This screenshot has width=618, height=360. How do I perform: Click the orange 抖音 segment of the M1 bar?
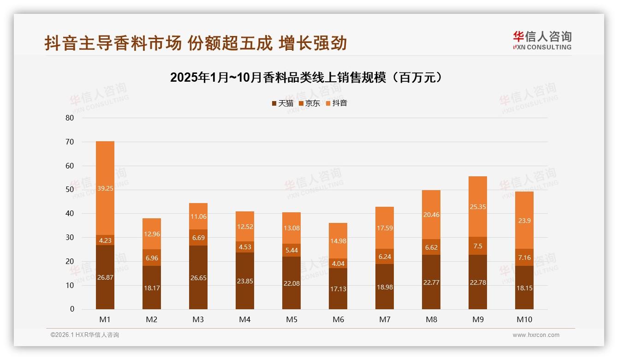click(105, 188)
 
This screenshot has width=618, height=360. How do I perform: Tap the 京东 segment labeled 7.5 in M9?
click(478, 246)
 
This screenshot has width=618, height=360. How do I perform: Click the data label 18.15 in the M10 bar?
click(524, 288)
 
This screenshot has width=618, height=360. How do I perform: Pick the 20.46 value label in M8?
click(431, 215)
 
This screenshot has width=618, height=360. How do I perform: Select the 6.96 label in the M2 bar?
click(152, 258)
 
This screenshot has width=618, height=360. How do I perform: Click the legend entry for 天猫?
click(282, 103)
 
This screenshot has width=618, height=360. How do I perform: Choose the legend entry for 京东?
click(309, 103)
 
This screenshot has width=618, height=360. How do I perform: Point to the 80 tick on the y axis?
click(70, 118)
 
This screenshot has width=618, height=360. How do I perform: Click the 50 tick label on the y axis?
click(70, 190)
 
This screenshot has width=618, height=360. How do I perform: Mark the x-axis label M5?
click(291, 319)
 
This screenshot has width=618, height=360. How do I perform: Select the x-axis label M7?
click(385, 319)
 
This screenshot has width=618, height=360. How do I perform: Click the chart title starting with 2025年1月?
click(308, 77)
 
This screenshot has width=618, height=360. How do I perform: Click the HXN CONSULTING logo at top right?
click(542, 41)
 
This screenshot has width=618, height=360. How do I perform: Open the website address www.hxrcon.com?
click(536, 335)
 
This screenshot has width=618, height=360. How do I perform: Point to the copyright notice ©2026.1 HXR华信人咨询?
click(85, 335)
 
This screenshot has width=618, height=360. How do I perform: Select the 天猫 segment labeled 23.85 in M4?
click(245, 281)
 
